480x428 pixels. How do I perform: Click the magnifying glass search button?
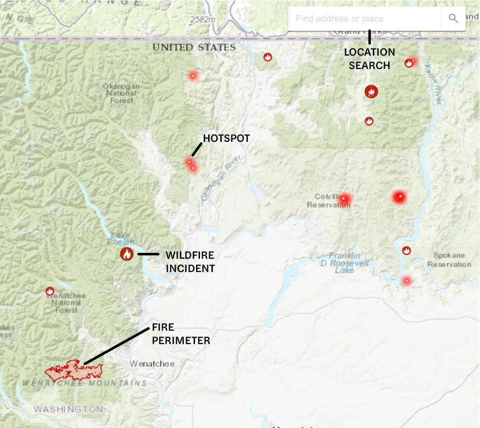click(453, 19)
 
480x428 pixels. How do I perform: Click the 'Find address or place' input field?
click(364, 19)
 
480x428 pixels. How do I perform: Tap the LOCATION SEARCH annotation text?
click(369, 59)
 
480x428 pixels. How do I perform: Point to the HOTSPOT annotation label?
click(226, 138)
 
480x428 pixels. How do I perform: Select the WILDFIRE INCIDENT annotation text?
click(190, 262)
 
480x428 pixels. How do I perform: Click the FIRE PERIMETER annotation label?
click(181, 334)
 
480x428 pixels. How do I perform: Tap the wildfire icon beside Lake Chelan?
click(126, 254)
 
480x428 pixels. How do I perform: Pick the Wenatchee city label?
click(152, 363)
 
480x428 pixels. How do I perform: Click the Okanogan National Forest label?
click(121, 93)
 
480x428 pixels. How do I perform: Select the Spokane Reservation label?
click(449, 260)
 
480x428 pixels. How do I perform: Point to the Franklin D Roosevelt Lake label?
click(345, 263)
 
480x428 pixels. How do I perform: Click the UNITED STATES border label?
click(194, 47)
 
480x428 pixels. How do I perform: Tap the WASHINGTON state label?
click(68, 409)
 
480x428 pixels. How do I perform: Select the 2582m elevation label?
click(203, 20)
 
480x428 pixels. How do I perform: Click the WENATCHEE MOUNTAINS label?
click(84, 384)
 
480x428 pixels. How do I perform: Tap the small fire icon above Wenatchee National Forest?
click(50, 291)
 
